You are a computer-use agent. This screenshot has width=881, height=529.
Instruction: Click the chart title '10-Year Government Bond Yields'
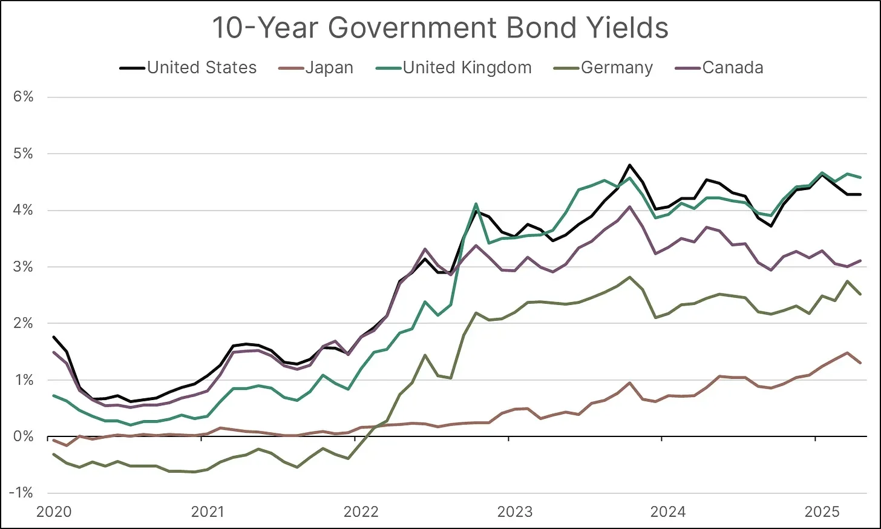[x=440, y=28]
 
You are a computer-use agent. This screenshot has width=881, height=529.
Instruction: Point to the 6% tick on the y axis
[x=23, y=97]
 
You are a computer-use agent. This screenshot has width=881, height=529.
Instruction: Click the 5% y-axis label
[x=23, y=154]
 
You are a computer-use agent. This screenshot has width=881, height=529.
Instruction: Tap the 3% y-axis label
[x=23, y=267]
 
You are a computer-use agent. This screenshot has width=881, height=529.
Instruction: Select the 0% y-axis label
[x=23, y=436]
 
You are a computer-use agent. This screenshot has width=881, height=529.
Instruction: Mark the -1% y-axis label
[x=21, y=493]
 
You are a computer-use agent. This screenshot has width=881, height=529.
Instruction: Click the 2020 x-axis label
[x=54, y=512]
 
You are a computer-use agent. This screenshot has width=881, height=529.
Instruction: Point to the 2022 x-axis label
[x=361, y=512]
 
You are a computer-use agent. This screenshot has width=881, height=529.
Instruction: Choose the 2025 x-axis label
[x=822, y=512]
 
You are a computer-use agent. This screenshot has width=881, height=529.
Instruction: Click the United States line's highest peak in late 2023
[x=629, y=165]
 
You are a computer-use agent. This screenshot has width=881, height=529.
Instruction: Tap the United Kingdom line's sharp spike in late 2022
[x=476, y=204]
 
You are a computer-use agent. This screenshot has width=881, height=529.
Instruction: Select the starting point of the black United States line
[x=54, y=337]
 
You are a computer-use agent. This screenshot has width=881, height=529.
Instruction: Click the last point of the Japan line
[x=860, y=363]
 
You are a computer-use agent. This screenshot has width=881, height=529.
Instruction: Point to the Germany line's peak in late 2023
[x=629, y=277]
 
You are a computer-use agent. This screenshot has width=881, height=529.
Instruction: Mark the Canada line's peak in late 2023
[x=629, y=207]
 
